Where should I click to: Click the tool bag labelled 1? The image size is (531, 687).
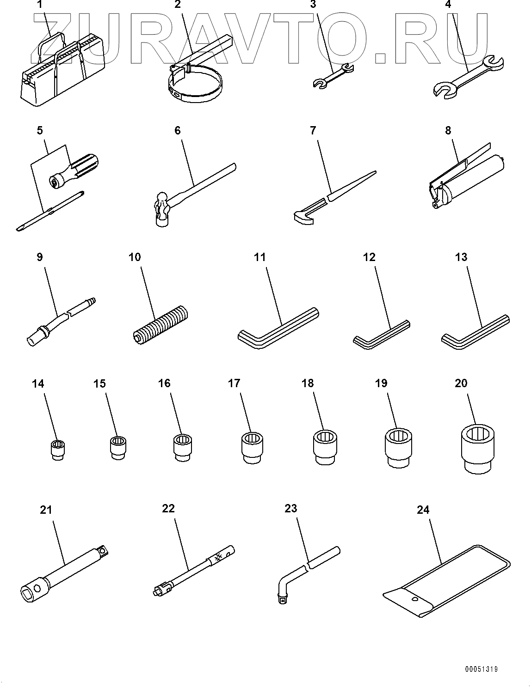click(x=62, y=71)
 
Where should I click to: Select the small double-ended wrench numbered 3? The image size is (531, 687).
click(x=333, y=76)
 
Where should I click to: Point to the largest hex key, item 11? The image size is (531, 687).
click(x=278, y=328)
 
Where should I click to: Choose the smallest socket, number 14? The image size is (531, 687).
click(x=58, y=450)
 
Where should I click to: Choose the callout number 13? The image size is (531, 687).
click(x=461, y=257)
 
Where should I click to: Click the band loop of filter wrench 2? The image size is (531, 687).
click(x=196, y=87)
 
